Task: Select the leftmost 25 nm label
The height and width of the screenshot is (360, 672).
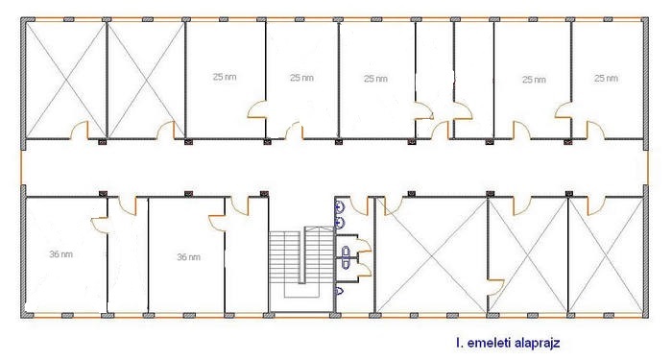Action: tap(225, 77)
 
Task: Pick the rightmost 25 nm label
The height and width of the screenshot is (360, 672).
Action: tap(606, 79)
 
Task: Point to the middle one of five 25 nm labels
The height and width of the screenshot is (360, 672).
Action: tap(375, 79)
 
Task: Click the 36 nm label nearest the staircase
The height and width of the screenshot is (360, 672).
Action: tap(188, 257)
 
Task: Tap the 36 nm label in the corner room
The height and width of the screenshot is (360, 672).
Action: tap(60, 254)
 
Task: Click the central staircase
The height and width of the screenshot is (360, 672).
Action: tap(301, 269)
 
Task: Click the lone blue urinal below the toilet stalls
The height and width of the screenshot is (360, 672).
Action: tap(340, 291)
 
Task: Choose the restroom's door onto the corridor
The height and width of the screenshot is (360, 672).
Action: tap(359, 205)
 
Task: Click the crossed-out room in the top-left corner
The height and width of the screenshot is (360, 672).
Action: tap(65, 80)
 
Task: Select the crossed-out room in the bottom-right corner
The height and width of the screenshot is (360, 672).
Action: tap(606, 254)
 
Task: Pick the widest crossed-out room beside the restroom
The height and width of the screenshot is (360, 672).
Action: tap(432, 254)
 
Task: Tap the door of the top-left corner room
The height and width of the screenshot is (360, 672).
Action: tap(80, 131)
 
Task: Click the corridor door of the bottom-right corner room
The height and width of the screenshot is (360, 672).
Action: tap(596, 206)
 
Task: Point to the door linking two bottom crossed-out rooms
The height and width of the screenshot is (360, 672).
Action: tap(495, 288)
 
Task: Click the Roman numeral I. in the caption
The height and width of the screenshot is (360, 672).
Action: tap(460, 343)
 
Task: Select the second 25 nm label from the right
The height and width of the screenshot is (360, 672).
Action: tap(534, 80)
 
